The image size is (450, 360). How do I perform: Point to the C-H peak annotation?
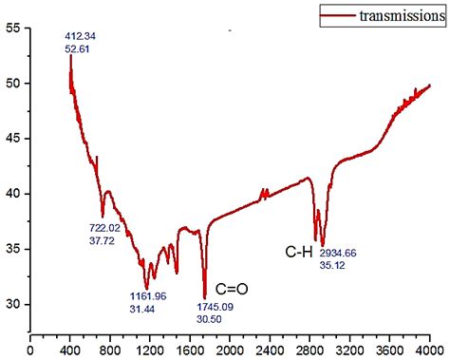(299, 253)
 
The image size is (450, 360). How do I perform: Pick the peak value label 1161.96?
(147, 296)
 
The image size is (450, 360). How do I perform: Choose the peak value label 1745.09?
(216, 307)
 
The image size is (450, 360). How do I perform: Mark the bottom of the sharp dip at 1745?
(205, 297)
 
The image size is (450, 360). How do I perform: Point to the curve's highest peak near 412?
(71, 56)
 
